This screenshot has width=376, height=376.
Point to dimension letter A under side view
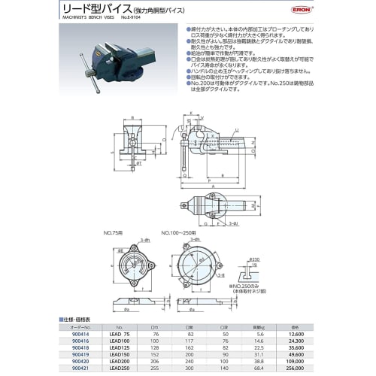pos(212,186)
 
